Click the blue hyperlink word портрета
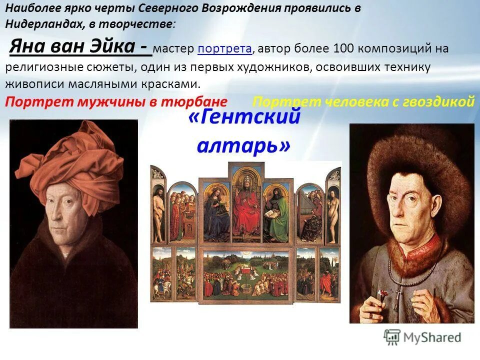point(224,49)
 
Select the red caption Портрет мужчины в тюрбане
point(116,102)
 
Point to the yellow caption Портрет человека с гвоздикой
point(363,102)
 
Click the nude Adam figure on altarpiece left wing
point(158,210)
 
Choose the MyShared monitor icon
point(392,337)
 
